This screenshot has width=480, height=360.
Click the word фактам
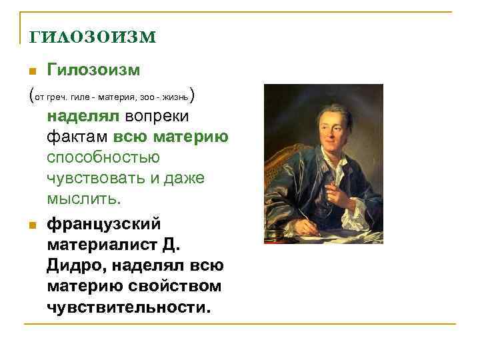tap(77, 137)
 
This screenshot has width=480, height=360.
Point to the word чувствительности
tap(128, 307)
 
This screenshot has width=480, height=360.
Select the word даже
tap(181, 179)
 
